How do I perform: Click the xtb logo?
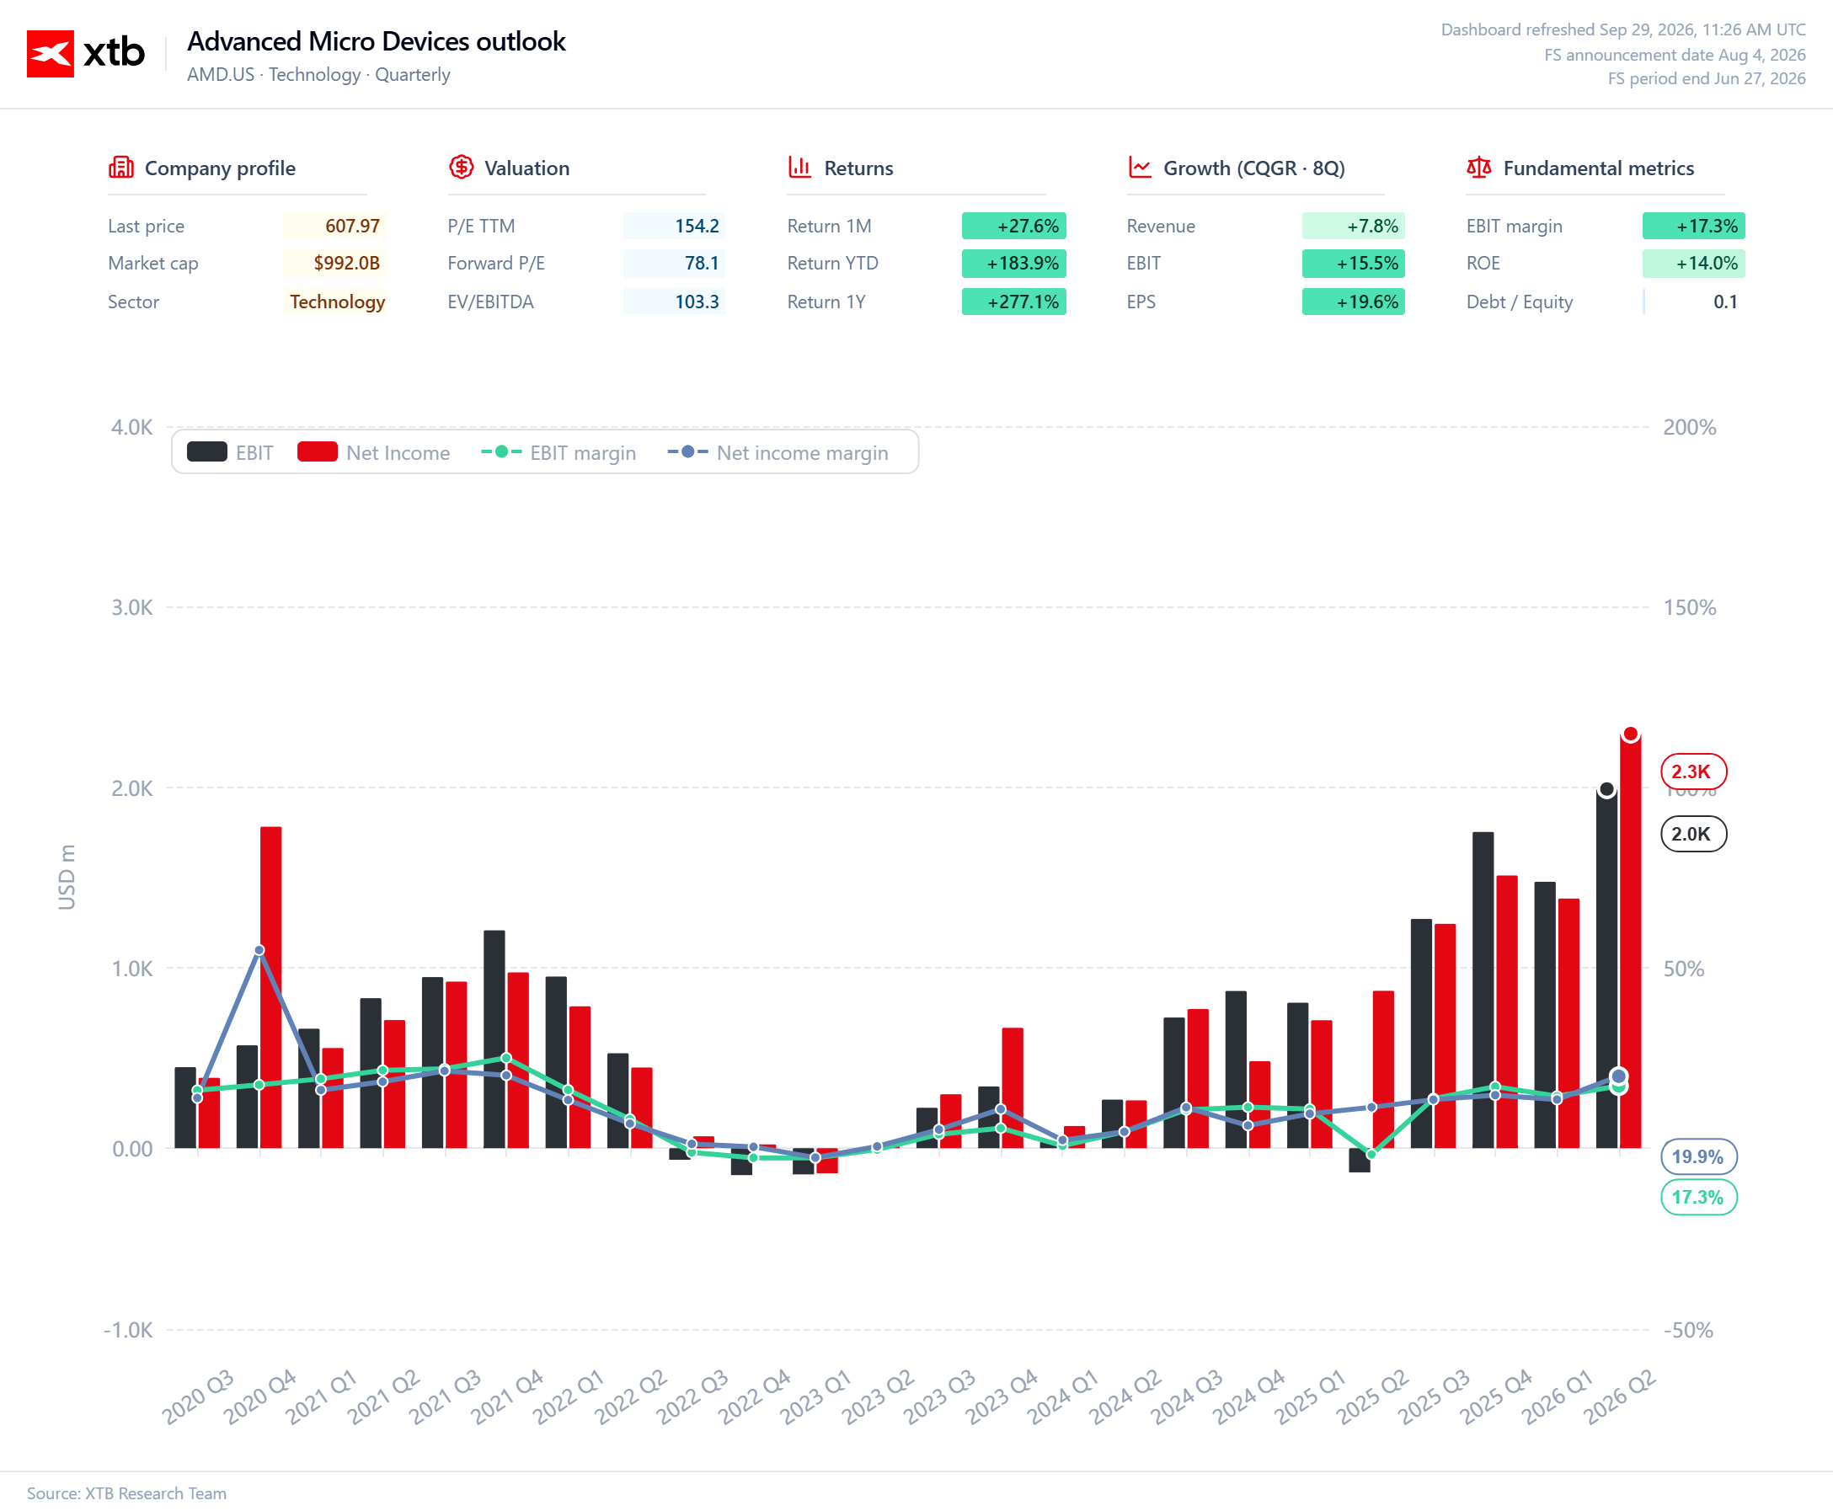(85, 53)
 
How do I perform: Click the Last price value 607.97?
(352, 227)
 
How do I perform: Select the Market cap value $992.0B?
(346, 263)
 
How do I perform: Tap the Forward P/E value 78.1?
(702, 263)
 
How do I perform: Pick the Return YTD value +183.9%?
(1023, 263)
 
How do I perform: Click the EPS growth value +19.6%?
(1367, 302)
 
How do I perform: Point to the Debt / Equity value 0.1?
(1725, 302)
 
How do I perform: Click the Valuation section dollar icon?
(462, 167)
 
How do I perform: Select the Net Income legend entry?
(373, 452)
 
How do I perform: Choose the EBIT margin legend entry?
(558, 452)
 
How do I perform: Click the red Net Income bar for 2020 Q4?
(270, 987)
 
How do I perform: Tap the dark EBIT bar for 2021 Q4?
(494, 1039)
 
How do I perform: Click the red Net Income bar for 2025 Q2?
(1383, 1069)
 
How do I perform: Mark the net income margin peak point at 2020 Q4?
(259, 950)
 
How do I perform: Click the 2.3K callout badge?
(1693, 772)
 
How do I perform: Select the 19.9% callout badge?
(1698, 1156)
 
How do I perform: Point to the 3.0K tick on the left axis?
(131, 607)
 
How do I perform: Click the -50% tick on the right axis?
(1687, 1330)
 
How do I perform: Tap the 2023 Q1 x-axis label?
(815, 1396)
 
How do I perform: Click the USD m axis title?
(67, 878)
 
